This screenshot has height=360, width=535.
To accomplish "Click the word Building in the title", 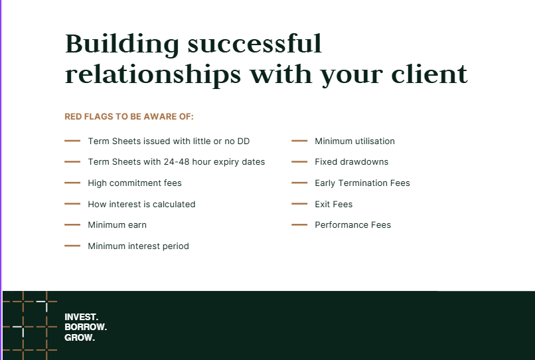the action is (122, 45).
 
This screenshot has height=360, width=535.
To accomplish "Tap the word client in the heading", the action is (429, 73).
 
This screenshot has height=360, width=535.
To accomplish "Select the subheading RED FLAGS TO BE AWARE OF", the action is (129, 116).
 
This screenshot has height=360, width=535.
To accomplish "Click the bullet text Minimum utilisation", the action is (354, 141).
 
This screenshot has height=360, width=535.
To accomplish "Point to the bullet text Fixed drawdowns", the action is (351, 162).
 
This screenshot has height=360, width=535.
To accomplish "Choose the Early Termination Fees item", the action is (362, 183).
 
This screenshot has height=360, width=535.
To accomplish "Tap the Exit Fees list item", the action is (333, 205).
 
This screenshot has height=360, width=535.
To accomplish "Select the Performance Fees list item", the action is (353, 225).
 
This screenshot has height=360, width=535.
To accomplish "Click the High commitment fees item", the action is (135, 183).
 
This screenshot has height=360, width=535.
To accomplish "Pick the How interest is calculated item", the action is (141, 205).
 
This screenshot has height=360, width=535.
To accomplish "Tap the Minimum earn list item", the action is (117, 225).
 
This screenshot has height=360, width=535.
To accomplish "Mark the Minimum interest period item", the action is (138, 246).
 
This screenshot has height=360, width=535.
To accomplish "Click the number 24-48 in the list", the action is (177, 162).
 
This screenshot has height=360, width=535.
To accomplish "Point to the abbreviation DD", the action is (244, 141).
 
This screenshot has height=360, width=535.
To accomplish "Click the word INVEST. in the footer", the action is (81, 317).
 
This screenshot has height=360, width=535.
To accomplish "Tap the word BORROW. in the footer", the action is (86, 327).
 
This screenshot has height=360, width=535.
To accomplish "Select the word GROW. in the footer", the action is (80, 338).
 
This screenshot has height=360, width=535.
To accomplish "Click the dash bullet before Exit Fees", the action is (299, 204).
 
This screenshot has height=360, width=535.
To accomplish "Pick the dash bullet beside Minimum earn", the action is (72, 225).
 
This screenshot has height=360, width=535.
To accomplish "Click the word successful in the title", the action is (254, 44).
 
